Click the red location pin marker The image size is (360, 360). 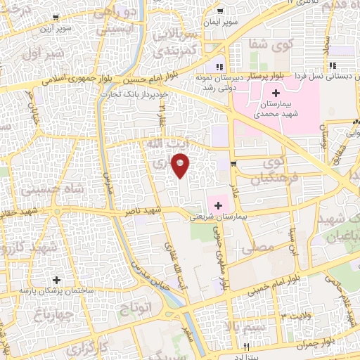click(181, 165)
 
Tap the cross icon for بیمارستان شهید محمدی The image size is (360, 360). click(275, 93)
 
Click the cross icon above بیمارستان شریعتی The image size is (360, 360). click(218, 206)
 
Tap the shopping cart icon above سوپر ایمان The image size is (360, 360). click(221, 10)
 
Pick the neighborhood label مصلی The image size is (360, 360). click(257, 247)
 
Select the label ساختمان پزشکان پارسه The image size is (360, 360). click(56, 290)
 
